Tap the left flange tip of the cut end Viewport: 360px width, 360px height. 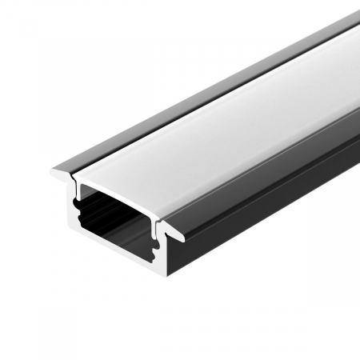coord(54,171)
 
